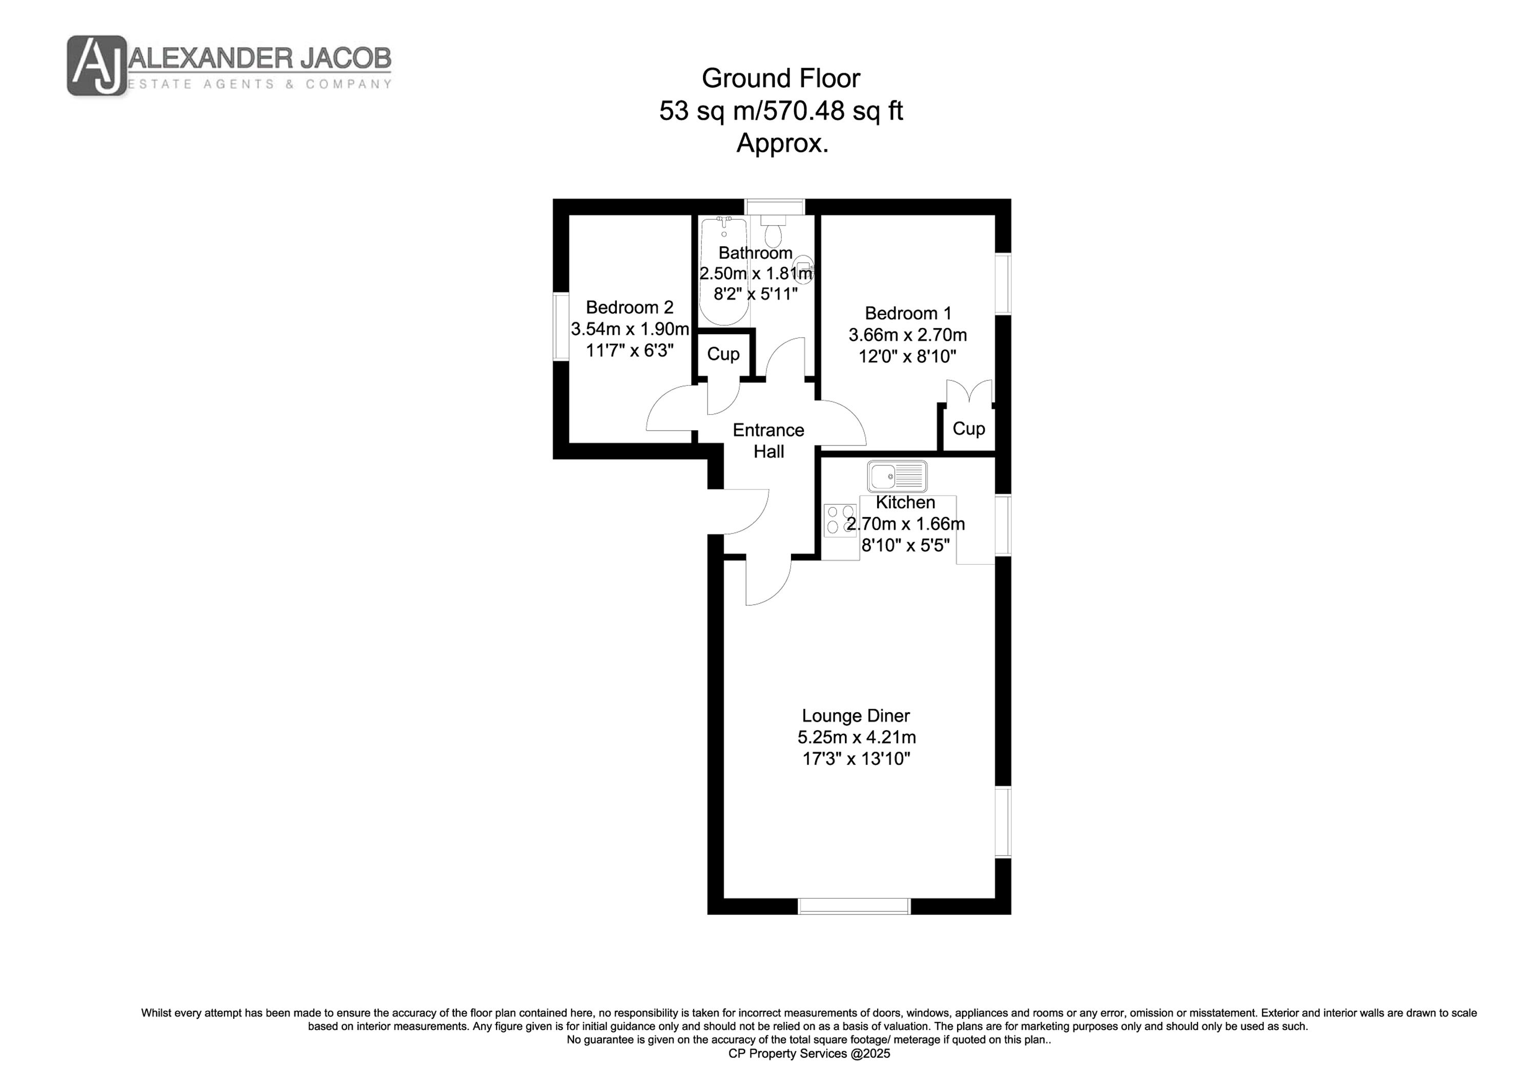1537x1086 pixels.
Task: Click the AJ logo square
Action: [x=96, y=66]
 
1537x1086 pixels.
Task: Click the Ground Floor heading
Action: [x=781, y=78]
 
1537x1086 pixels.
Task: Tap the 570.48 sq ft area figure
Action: [x=834, y=111]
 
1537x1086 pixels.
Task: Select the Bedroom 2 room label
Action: [x=629, y=307]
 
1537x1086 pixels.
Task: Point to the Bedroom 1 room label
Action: [x=908, y=313]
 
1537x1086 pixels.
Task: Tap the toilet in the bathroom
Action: [x=773, y=231]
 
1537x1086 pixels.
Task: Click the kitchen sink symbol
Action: [x=897, y=476]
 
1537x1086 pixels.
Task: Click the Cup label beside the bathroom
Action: [x=723, y=354]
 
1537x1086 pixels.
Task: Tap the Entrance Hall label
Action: [x=768, y=441]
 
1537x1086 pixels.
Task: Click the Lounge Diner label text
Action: [x=856, y=715]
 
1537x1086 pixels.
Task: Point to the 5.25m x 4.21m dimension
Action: [x=856, y=737]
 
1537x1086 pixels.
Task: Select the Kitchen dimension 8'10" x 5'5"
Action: [x=905, y=545]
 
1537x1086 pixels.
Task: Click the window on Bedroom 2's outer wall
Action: [x=561, y=327]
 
